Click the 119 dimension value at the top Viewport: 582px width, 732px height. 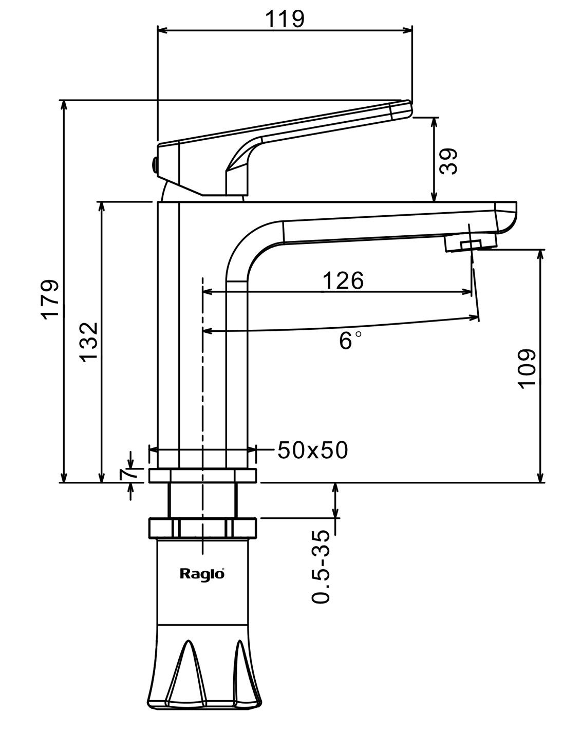285,19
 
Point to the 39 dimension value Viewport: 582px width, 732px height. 448,161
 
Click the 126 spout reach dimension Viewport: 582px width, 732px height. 343,280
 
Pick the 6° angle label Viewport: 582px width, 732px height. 350,340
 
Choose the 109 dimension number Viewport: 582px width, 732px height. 527,369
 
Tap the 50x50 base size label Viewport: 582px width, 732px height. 312,450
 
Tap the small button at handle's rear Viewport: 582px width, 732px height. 153,165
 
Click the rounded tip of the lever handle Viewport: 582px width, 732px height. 403,109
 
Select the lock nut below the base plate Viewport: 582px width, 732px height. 202,528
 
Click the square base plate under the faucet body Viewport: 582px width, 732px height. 202,475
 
